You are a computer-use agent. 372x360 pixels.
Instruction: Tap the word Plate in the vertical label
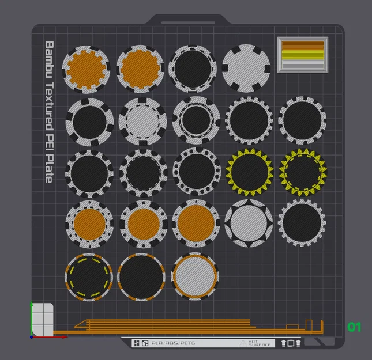[49, 170]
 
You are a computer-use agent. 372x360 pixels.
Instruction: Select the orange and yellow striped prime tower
[303, 55]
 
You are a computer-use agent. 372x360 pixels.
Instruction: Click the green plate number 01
[354, 327]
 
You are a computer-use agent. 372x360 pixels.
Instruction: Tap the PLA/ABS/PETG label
[173, 343]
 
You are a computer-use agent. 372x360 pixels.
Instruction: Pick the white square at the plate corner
[43, 319]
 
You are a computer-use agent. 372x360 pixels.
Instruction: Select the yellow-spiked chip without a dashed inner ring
[249, 172]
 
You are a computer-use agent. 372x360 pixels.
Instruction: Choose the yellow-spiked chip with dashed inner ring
[302, 172]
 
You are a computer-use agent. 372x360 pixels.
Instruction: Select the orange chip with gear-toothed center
[87, 69]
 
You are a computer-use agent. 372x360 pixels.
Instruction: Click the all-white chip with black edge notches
[246, 67]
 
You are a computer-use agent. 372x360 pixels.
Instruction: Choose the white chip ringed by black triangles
[249, 224]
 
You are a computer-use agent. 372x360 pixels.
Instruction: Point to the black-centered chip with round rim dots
[196, 172]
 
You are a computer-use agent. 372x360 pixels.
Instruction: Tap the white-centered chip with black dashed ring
[142, 120]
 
